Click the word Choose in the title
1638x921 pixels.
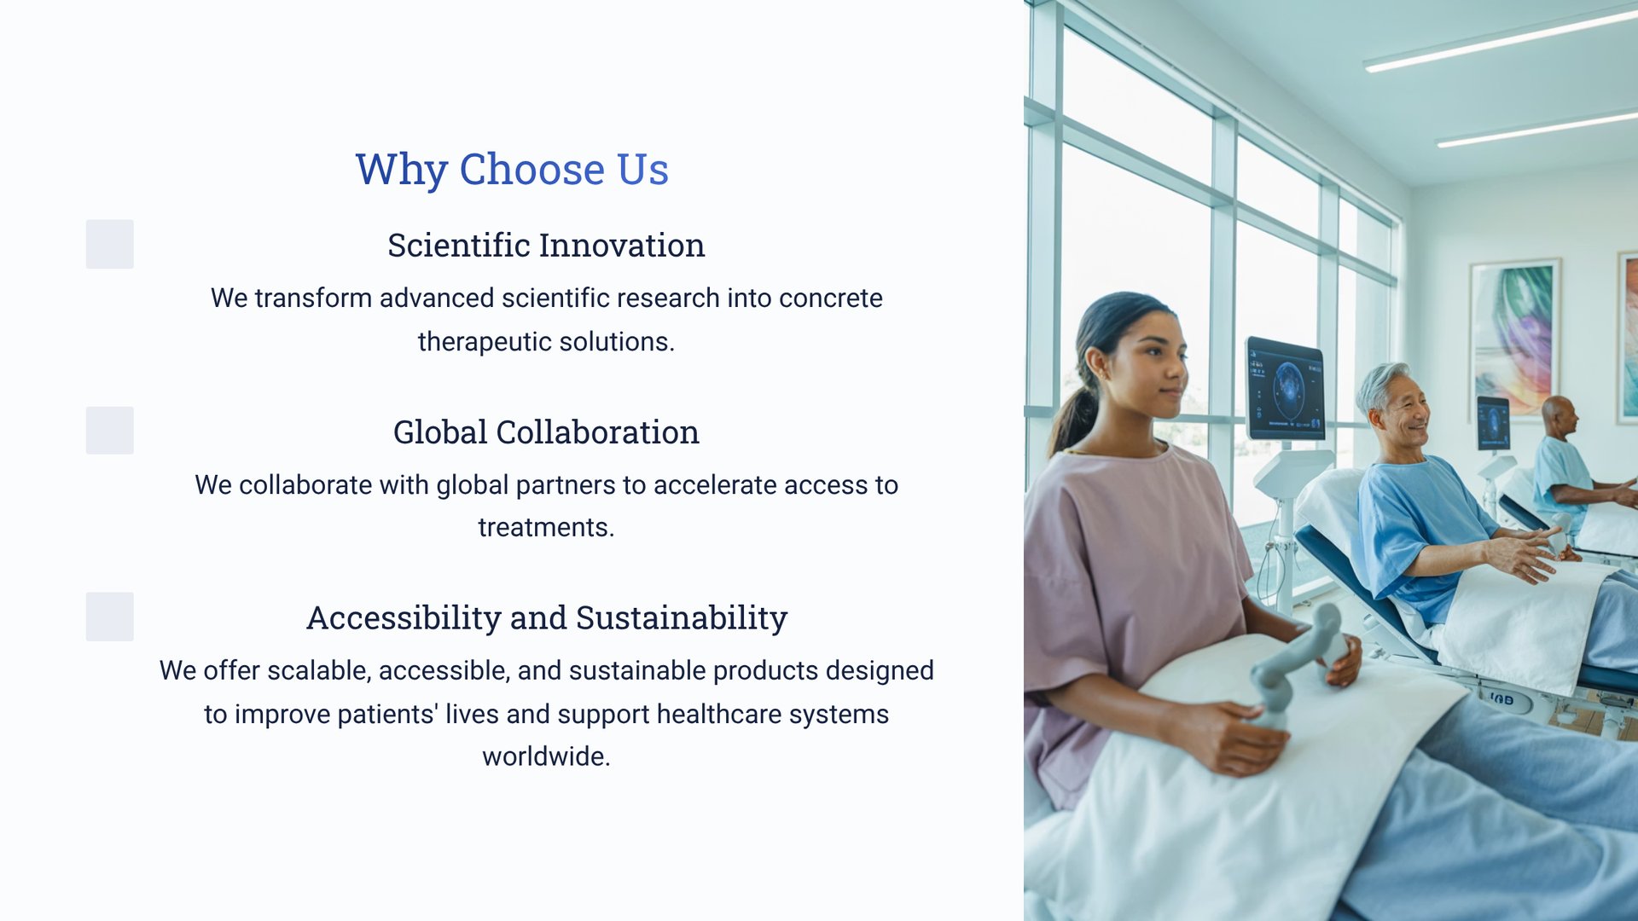pyautogui.click(x=532, y=169)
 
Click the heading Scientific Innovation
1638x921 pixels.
pyautogui.click(x=546, y=246)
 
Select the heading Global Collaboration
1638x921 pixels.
pyautogui.click(x=546, y=432)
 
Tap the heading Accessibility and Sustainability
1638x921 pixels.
pyautogui.click(x=547, y=618)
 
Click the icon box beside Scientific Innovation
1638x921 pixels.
pyautogui.click(x=109, y=244)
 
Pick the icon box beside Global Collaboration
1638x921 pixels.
pyautogui.click(x=109, y=430)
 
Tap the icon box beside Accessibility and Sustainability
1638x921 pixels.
pyautogui.click(x=109, y=617)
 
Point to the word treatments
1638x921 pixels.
pyautogui.click(x=546, y=528)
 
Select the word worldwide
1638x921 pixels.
pyautogui.click(x=546, y=756)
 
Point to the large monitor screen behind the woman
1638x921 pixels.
pyautogui.click(x=1286, y=389)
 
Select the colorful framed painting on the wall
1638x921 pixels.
pyautogui.click(x=1515, y=339)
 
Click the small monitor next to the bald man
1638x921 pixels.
pyautogui.click(x=1493, y=423)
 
